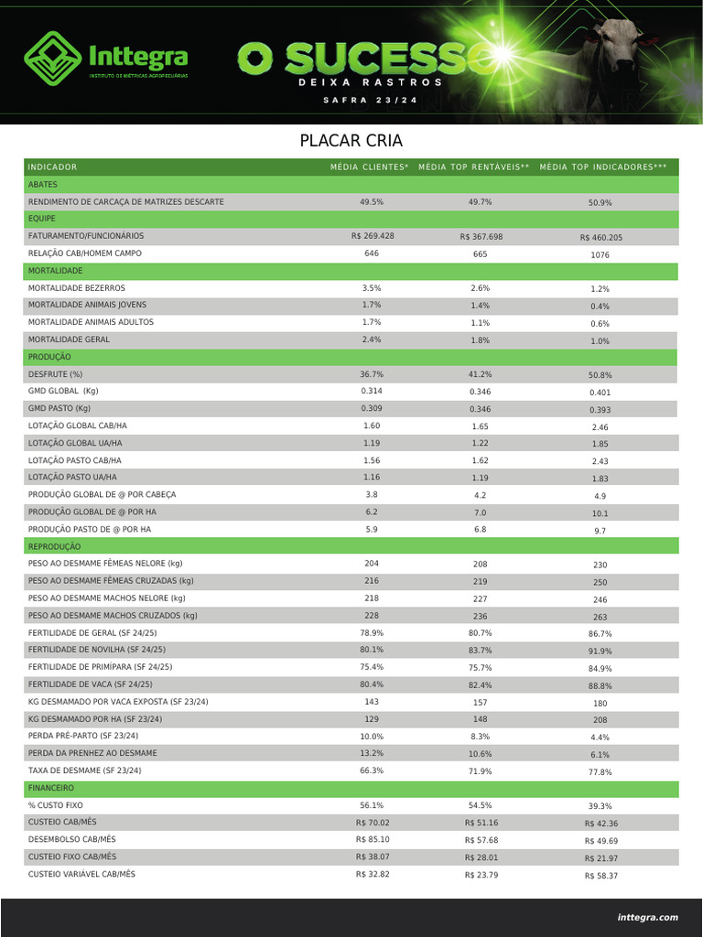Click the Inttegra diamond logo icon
pyautogui.click(x=52, y=57)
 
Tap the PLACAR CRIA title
pyautogui.click(x=351, y=141)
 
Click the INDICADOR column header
pyautogui.click(x=52, y=167)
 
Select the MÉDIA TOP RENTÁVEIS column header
pyautogui.click(x=474, y=167)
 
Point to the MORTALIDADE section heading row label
pyautogui.click(x=55, y=271)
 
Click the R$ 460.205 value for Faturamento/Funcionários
pyautogui.click(x=600, y=237)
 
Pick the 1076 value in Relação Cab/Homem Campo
pyautogui.click(x=600, y=254)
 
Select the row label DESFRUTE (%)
pyautogui.click(x=55, y=374)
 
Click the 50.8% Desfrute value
pyautogui.click(x=600, y=375)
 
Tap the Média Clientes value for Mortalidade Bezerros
pyautogui.click(x=372, y=287)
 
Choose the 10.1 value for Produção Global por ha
pyautogui.click(x=600, y=513)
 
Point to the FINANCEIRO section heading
pyautogui.click(x=51, y=787)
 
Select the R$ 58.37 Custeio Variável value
pyautogui.click(x=600, y=876)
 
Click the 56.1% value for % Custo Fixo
pyautogui.click(x=372, y=805)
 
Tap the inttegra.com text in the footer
pyautogui.click(x=647, y=917)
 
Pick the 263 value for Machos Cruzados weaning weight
pyautogui.click(x=600, y=617)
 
